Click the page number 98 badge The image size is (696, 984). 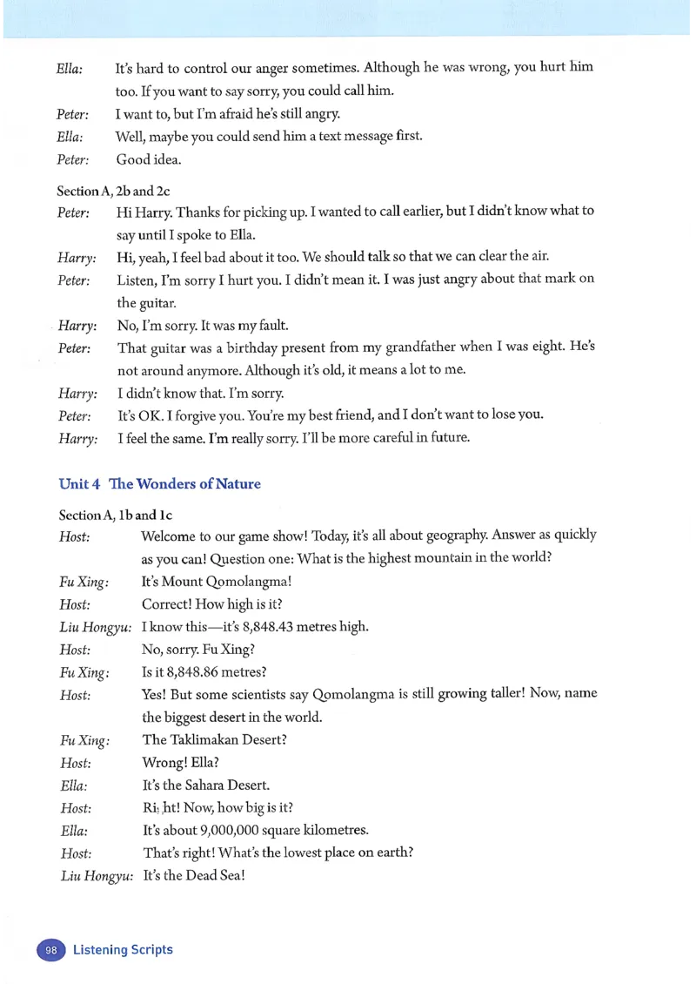[x=51, y=950]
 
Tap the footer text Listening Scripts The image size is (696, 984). [x=123, y=950]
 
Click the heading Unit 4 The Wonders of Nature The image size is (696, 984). [x=159, y=483]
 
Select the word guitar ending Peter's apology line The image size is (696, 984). [x=135, y=303]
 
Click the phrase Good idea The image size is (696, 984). [x=149, y=160]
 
